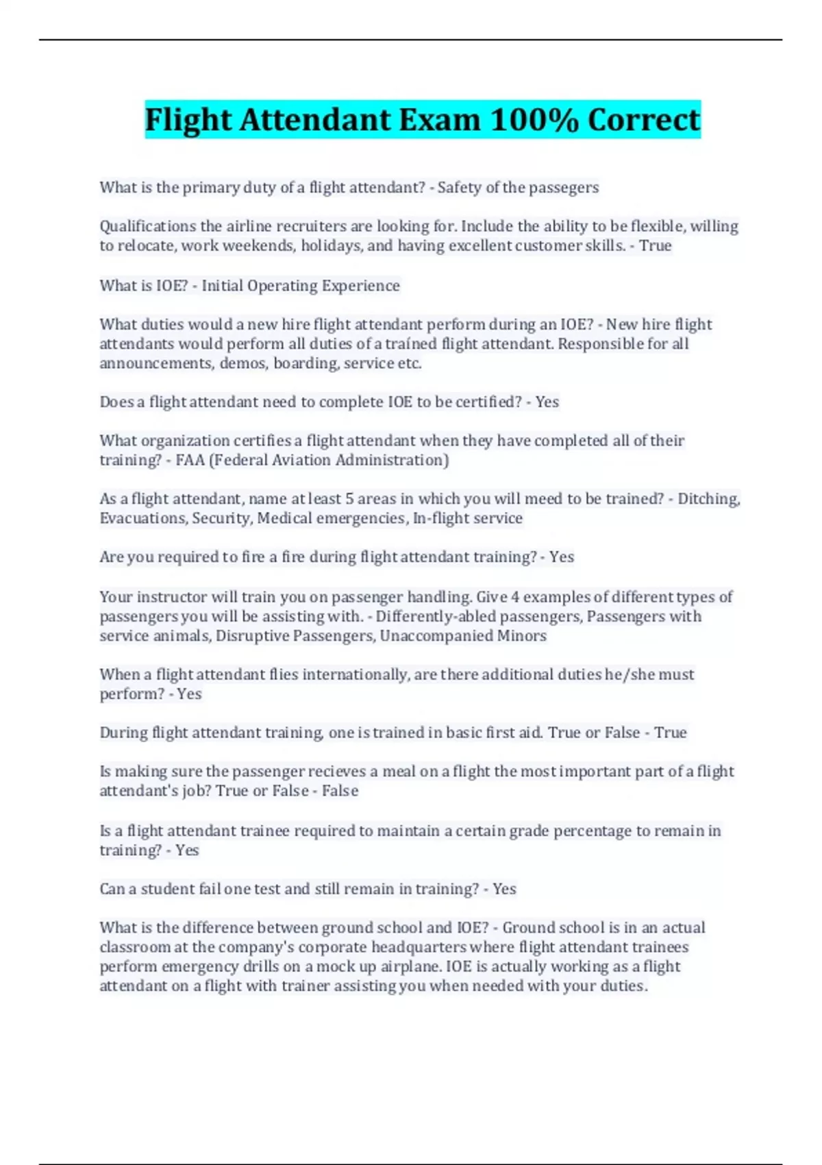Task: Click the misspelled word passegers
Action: (x=565, y=187)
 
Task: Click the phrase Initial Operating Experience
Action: (x=301, y=285)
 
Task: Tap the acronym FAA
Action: (x=190, y=460)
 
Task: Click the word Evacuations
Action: (x=143, y=518)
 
